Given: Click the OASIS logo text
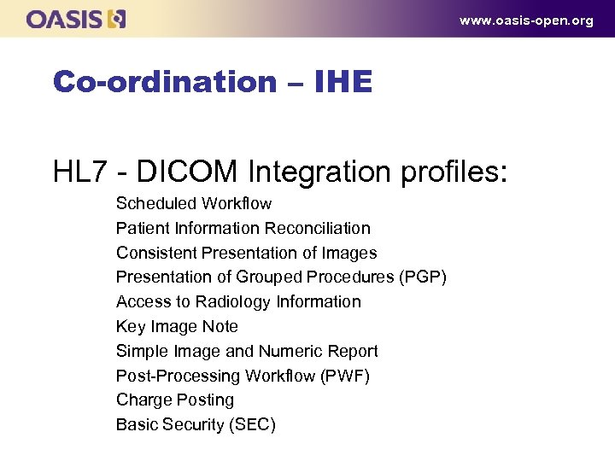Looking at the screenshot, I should [65, 19].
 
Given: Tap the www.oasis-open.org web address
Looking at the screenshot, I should [525, 20].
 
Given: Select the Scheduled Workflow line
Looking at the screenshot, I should [194, 204].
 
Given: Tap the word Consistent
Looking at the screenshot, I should [156, 254].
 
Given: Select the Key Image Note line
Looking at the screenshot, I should [177, 327].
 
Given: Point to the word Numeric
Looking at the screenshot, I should [288, 352].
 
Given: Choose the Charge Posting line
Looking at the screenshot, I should [175, 400].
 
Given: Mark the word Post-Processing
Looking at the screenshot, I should [179, 376].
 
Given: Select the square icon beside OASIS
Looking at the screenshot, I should [118, 19].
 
